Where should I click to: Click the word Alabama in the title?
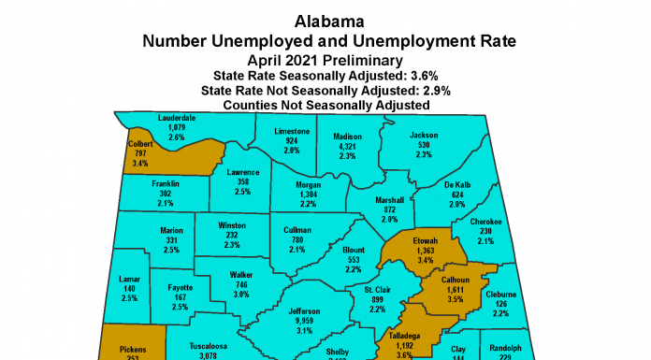click(x=325, y=20)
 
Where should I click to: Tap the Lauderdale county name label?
click(x=177, y=119)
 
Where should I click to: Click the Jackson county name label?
click(x=424, y=137)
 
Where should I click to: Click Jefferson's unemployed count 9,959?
click(x=305, y=320)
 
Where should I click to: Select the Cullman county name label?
click(x=297, y=229)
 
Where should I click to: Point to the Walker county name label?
click(x=242, y=275)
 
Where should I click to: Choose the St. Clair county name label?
click(x=377, y=290)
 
